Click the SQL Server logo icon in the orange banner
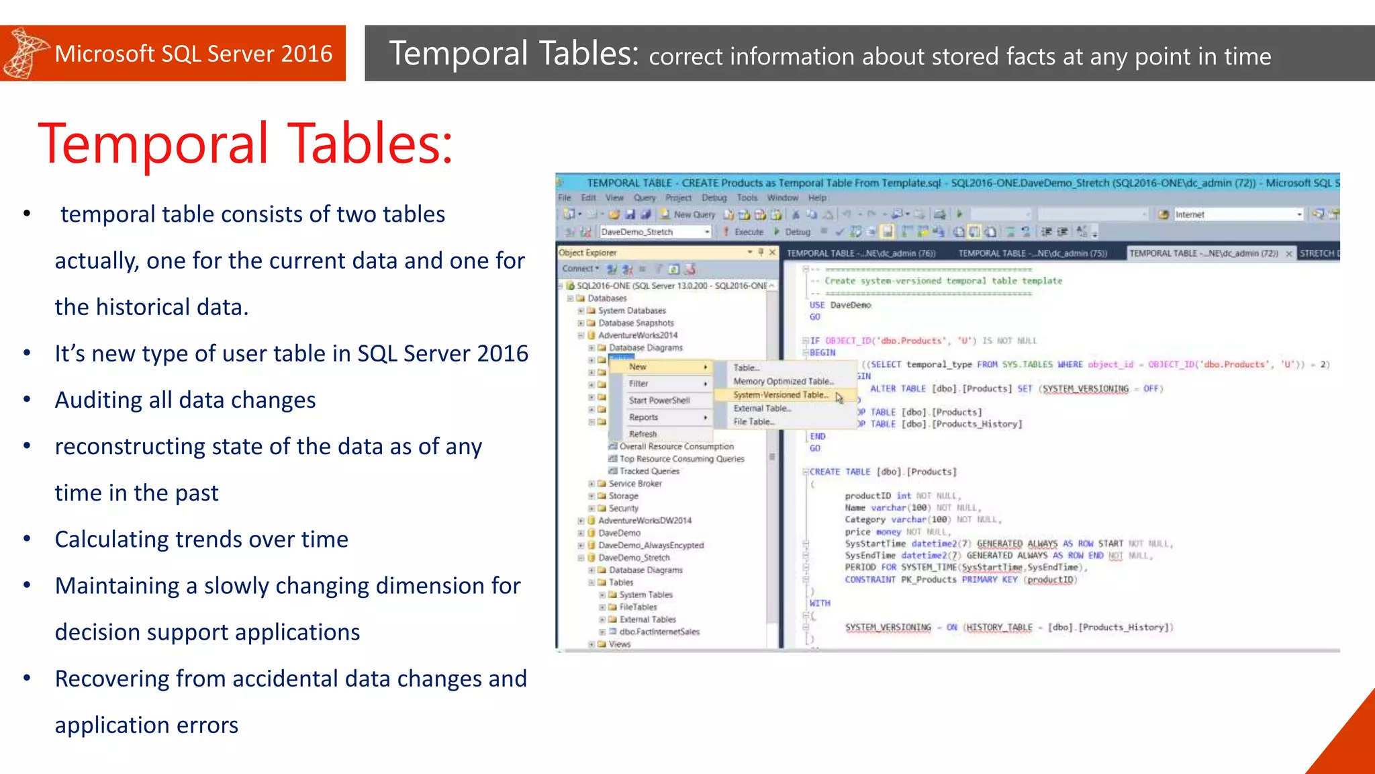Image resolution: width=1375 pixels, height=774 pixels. [x=26, y=54]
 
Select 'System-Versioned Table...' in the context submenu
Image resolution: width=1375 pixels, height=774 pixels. [x=781, y=395]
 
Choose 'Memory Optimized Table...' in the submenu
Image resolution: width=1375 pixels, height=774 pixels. [x=783, y=381]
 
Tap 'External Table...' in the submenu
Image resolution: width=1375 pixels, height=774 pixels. [x=762, y=408]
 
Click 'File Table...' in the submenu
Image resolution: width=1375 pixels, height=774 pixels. [x=754, y=422]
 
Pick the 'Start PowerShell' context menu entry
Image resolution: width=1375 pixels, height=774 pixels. [x=659, y=400]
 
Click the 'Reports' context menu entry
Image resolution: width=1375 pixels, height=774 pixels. [x=643, y=417]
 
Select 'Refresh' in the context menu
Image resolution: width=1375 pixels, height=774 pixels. [x=643, y=434]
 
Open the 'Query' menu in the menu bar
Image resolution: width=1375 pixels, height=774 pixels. [x=645, y=198]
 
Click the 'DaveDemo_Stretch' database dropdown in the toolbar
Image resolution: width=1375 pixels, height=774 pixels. [x=655, y=232]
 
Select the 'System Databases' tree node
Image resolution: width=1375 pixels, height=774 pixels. [x=632, y=310]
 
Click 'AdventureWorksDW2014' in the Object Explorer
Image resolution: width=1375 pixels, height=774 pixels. [x=645, y=521]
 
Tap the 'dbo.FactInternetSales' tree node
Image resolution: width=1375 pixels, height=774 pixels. [x=659, y=632]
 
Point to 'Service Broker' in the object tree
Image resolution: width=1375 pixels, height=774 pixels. [x=634, y=484]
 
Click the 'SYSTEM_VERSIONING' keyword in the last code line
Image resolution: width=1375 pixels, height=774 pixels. [x=888, y=628]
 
